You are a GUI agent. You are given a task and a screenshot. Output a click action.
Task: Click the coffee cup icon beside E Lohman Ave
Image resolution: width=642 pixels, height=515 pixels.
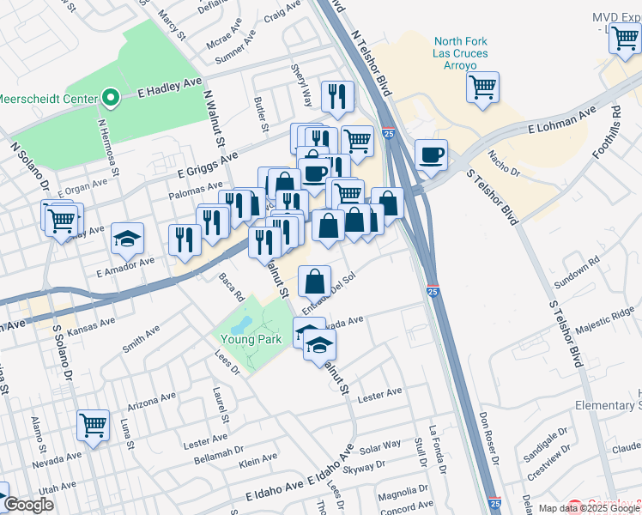(x=431, y=155)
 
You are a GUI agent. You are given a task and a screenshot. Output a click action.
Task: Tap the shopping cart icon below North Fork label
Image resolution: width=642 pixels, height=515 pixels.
(x=483, y=86)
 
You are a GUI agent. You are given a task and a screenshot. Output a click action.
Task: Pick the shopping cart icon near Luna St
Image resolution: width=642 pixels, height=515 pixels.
(x=93, y=424)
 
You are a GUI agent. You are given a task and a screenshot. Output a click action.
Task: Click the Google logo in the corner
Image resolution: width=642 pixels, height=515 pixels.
(x=28, y=505)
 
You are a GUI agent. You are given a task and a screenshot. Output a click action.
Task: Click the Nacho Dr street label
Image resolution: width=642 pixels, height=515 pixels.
(x=505, y=161)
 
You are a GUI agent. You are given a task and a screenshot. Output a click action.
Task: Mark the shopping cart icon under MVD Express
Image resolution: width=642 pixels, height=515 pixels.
(x=624, y=39)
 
